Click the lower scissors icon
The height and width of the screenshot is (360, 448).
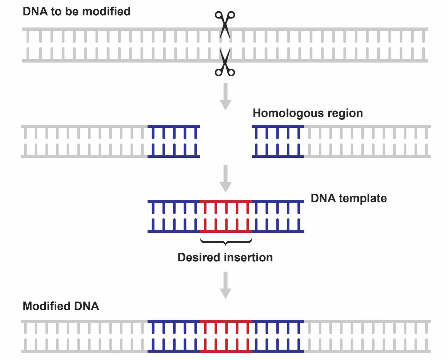click(x=225, y=63)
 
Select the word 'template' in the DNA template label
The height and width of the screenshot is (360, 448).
click(x=363, y=198)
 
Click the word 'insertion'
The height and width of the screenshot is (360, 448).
click(x=248, y=257)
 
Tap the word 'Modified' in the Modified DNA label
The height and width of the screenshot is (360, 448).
click(x=47, y=306)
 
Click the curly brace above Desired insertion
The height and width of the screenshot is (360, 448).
click(x=226, y=242)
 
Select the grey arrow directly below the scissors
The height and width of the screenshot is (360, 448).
click(x=225, y=96)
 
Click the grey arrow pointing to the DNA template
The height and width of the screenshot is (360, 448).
click(x=225, y=178)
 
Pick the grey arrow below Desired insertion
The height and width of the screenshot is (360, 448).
click(x=225, y=285)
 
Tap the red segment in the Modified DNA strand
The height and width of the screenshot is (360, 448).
click(x=226, y=336)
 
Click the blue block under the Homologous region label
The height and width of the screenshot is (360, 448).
click(x=278, y=141)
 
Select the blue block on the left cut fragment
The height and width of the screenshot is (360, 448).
click(x=174, y=141)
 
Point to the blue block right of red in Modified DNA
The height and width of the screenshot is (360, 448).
click(x=278, y=336)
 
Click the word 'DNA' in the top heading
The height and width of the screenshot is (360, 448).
click(x=35, y=11)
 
